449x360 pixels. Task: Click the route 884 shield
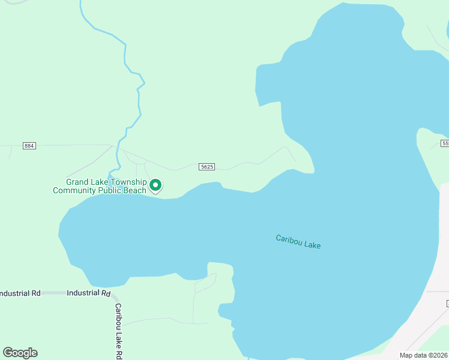29,146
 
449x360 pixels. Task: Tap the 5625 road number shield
205,166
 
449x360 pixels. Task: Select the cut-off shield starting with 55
445,143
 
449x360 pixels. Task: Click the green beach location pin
155,185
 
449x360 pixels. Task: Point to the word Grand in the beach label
77,182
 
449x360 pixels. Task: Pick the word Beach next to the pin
134,191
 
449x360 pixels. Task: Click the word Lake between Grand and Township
100,182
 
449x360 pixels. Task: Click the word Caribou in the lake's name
288,239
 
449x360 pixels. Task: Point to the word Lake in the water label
312,244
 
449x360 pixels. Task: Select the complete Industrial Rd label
89,293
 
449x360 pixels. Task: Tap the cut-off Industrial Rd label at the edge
20,293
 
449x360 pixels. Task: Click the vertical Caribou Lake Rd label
119,330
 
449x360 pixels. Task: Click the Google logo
20,353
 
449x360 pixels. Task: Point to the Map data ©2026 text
423,355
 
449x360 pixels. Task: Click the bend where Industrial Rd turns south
116,296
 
